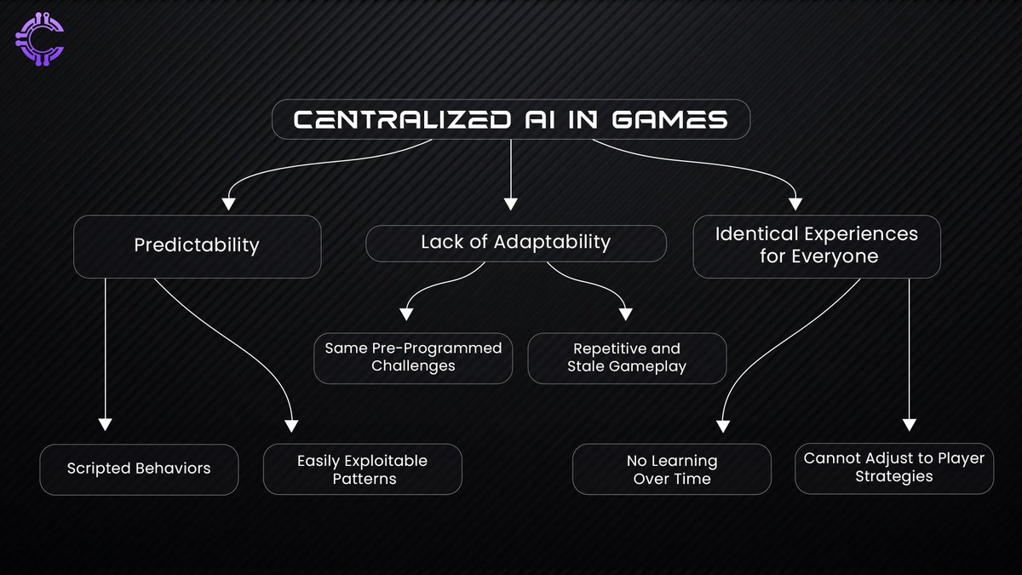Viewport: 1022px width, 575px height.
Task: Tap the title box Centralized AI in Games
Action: [x=510, y=120]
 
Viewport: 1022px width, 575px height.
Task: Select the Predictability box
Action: [x=197, y=246]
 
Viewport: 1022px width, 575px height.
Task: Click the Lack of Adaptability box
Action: [x=515, y=243]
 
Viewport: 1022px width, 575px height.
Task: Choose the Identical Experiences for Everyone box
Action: [x=816, y=245]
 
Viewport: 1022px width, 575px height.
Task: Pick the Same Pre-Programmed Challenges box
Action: [x=413, y=358]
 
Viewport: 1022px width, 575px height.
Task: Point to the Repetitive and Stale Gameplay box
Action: [x=627, y=358]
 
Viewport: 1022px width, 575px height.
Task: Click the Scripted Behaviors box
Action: [x=139, y=469]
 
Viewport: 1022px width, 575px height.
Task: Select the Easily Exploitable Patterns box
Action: [x=362, y=469]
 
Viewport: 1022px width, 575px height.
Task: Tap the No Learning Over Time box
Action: [x=671, y=469]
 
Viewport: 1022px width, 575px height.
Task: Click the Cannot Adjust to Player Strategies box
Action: [x=893, y=467]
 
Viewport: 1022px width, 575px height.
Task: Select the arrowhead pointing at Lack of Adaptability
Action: [x=510, y=204]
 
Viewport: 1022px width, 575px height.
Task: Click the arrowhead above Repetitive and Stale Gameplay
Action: [x=626, y=313]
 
